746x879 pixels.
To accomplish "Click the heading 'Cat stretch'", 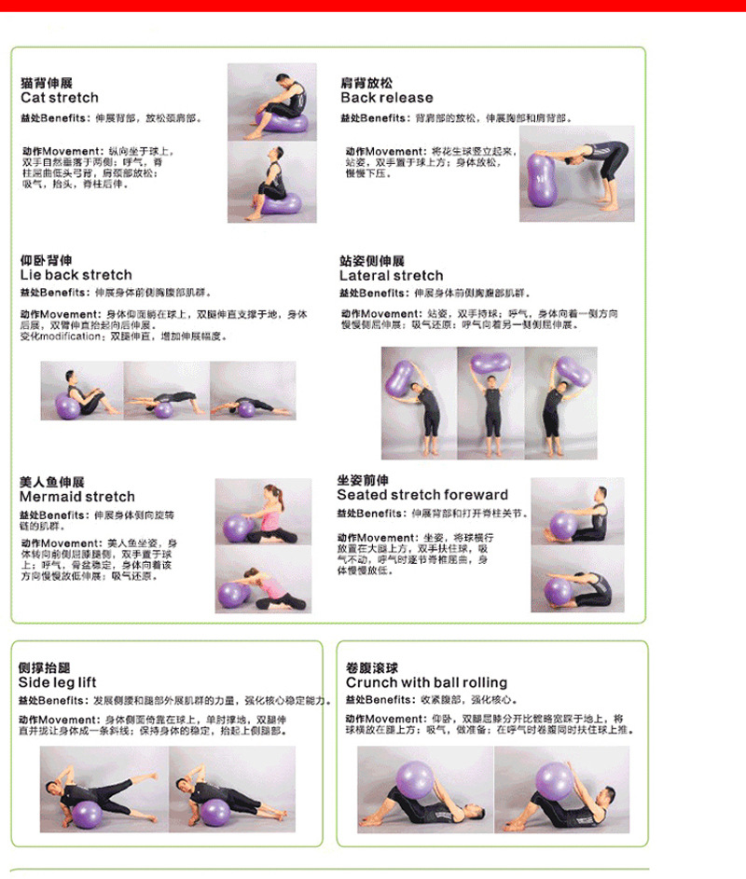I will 59,98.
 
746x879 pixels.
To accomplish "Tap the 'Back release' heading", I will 386,98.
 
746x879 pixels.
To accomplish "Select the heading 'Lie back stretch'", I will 76,275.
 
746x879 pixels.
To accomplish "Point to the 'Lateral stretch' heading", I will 391,276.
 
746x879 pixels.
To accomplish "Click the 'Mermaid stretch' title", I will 76,497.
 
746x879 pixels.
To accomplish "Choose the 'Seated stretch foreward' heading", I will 421,495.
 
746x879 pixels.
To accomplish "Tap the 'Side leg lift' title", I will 57,682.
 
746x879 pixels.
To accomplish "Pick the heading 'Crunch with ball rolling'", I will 426,682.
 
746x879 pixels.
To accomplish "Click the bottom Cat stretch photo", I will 271,182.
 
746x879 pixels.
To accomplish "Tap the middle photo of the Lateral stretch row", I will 490,403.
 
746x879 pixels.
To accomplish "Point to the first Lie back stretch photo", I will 82,391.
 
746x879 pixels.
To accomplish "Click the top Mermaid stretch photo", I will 263,512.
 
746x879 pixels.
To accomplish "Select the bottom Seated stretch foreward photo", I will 577,579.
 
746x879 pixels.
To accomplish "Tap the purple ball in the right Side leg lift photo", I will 215,812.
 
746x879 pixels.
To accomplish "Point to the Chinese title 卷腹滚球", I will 371,667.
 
